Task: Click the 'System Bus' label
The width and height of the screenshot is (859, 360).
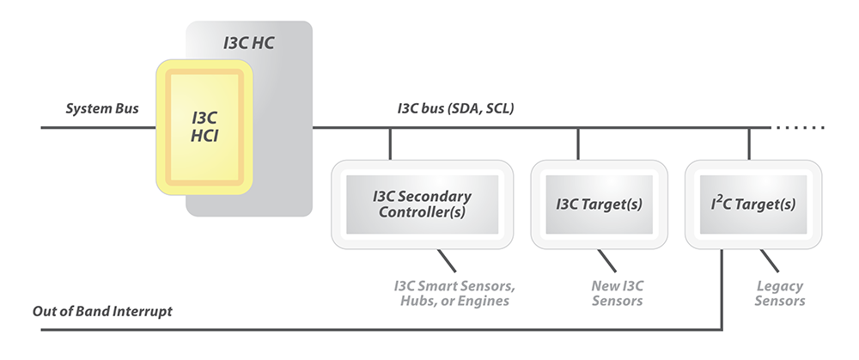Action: point(102,109)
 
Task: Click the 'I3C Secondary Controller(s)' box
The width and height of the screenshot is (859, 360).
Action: point(421,204)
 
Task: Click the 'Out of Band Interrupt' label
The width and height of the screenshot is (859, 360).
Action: point(102,311)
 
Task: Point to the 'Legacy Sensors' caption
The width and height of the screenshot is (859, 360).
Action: point(780,293)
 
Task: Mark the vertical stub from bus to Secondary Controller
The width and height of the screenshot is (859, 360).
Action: point(391,143)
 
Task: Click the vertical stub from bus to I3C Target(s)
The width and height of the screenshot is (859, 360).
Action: point(578,143)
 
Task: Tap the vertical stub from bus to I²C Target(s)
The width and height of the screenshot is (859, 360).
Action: point(749,143)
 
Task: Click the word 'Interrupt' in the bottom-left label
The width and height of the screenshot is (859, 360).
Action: point(143,311)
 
